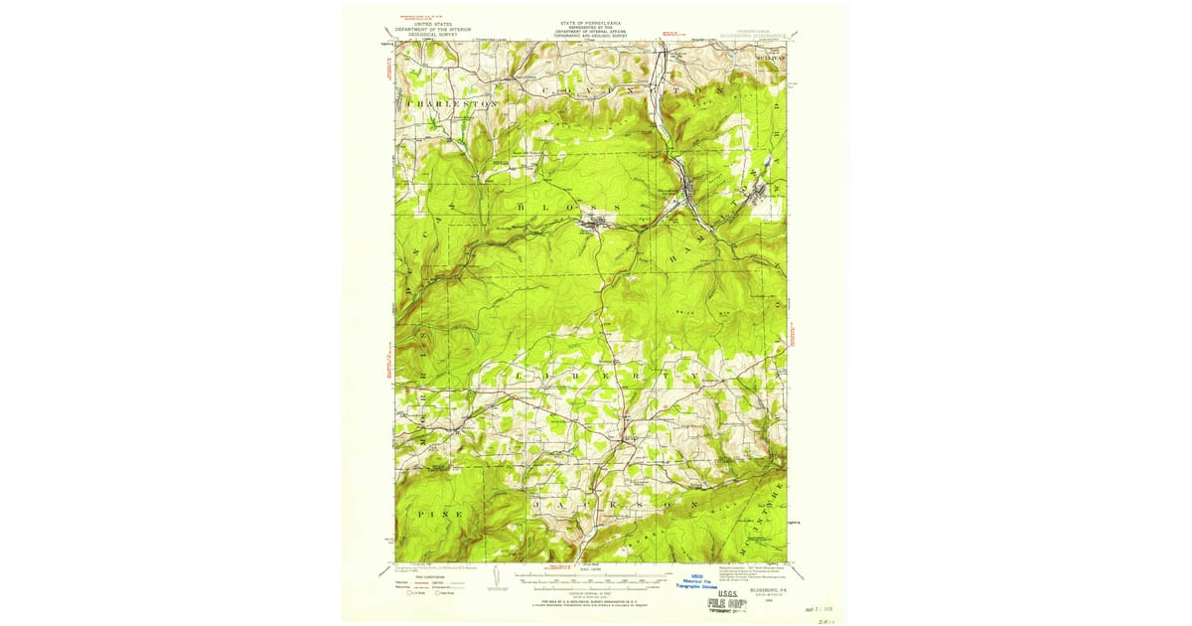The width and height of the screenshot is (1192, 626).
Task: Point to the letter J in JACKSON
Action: click(x=537, y=505)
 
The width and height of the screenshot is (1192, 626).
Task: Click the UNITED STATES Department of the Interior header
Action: click(x=434, y=29)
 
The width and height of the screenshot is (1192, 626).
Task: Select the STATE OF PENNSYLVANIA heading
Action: click(x=590, y=20)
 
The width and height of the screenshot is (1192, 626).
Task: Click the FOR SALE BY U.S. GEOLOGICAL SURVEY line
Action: click(x=591, y=602)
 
